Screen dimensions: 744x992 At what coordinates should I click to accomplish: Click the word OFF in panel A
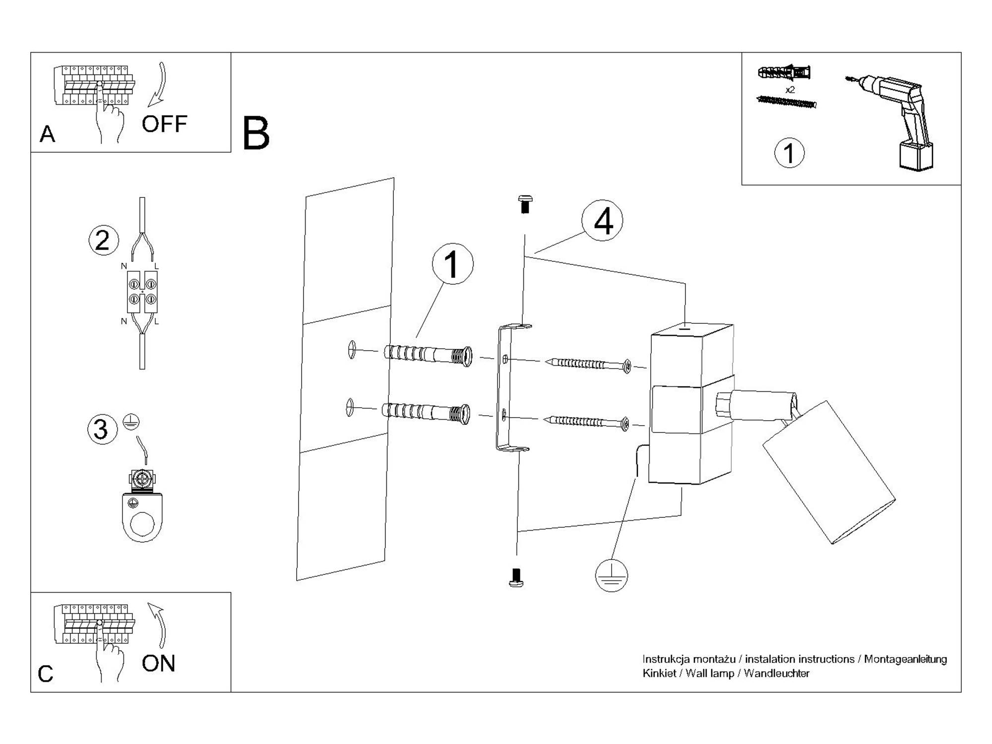(164, 124)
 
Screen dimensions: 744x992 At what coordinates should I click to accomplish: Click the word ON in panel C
(158, 664)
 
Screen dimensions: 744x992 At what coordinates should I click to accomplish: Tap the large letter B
(256, 133)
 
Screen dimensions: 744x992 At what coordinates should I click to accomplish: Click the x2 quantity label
(790, 90)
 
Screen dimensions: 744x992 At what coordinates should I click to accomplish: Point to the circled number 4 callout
(603, 221)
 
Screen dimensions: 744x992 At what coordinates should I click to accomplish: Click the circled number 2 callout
(103, 241)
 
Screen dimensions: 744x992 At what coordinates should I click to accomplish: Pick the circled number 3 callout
(102, 429)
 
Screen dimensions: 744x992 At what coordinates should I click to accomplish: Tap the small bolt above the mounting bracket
(525, 203)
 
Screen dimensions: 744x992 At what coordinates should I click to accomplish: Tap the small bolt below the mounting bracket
(516, 577)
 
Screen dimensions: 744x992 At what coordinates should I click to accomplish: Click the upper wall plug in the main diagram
(428, 355)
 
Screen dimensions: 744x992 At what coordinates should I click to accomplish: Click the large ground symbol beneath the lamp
(611, 576)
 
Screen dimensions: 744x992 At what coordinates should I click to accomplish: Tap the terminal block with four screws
(142, 292)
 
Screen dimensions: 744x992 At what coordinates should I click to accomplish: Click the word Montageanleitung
(905, 659)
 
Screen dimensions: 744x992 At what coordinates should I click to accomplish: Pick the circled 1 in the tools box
(789, 153)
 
